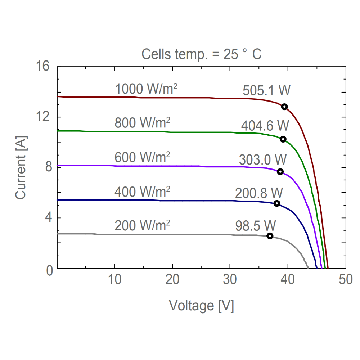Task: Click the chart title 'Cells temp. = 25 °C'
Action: coord(201,54)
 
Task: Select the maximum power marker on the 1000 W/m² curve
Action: coord(284,107)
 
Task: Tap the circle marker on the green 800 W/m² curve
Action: coord(283,139)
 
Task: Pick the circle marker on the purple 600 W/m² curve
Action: coord(280,172)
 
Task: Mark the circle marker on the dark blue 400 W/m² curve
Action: coord(277,203)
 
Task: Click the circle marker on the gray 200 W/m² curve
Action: coord(270,236)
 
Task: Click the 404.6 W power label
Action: coord(265,126)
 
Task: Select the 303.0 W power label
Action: coord(263,159)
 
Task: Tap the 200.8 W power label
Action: coord(259,193)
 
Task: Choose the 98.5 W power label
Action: coord(256,226)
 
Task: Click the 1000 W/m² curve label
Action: coord(146,89)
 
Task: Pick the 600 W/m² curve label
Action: coord(142,157)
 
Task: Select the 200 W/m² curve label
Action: coord(142,226)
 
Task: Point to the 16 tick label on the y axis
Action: coord(42,67)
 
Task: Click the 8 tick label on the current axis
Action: coord(46,167)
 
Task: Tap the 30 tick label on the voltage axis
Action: coord(230,280)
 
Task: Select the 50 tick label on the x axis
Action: coord(345,280)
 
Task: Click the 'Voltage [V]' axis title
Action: coord(201,306)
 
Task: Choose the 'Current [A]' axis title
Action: coord(21,167)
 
